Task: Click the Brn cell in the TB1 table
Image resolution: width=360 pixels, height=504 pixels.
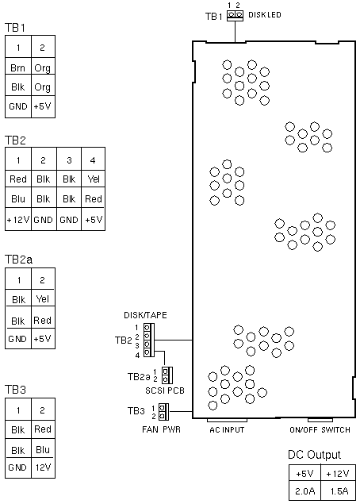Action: point(18,67)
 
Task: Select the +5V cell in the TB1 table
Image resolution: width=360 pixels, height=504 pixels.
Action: point(43,106)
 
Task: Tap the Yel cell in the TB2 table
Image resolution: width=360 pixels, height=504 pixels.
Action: point(94,179)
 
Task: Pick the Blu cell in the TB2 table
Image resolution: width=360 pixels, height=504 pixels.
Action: point(18,199)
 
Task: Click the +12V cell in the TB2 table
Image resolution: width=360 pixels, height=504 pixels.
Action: point(18,220)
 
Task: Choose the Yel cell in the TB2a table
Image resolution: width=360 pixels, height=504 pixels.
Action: point(43,299)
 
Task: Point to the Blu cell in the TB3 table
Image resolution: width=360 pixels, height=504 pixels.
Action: point(43,450)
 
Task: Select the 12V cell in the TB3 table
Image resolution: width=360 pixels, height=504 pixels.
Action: point(43,467)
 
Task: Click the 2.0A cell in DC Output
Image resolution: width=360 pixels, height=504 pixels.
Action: point(304,491)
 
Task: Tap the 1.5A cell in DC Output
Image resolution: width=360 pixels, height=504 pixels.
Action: point(339,491)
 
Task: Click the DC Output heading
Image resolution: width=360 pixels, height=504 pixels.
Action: point(314,455)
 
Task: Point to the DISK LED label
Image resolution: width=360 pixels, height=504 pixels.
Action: point(265,15)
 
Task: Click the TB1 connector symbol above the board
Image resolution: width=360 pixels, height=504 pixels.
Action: point(235,15)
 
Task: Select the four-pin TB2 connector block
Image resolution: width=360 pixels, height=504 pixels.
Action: point(149,340)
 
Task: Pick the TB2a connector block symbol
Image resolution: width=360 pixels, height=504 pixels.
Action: point(167,375)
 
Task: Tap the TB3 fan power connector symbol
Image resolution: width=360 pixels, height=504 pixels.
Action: point(164,412)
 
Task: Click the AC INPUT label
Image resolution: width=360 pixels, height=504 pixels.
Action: point(227,429)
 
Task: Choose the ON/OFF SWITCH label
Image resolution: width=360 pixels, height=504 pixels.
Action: point(320,429)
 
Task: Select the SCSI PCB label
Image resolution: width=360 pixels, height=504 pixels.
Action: point(165,391)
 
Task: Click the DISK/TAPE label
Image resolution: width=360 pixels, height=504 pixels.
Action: point(145,315)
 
